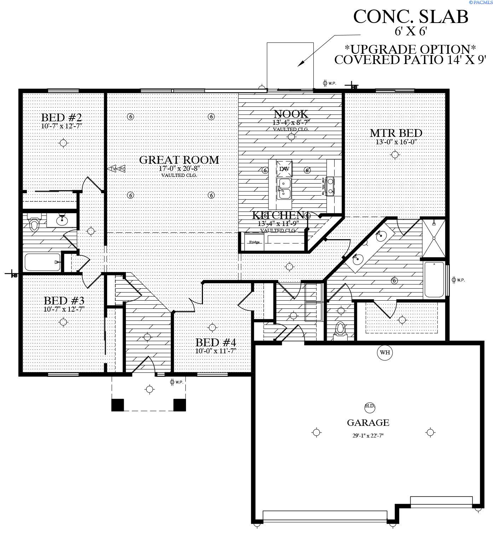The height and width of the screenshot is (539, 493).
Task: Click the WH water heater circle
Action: pyautogui.click(x=385, y=352)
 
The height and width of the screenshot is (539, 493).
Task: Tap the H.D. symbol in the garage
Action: pyautogui.click(x=370, y=406)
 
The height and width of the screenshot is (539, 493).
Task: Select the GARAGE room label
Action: pyautogui.click(x=368, y=423)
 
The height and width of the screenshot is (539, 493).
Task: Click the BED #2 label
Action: pyautogui.click(x=62, y=117)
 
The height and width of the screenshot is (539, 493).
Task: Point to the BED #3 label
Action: pyautogui.click(x=64, y=301)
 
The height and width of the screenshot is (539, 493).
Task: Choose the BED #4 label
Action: pyautogui.click(x=215, y=342)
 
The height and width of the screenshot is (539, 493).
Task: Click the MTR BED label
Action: pyautogui.click(x=396, y=133)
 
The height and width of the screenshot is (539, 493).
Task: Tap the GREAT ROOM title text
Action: pyautogui.click(x=179, y=160)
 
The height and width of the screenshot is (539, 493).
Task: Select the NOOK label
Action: pyautogui.click(x=291, y=114)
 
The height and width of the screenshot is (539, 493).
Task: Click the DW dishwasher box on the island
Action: pyautogui.click(x=284, y=169)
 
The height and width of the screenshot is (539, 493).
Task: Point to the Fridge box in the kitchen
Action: pyautogui.click(x=254, y=242)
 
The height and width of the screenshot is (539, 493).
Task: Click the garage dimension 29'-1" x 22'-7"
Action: pyautogui.click(x=368, y=436)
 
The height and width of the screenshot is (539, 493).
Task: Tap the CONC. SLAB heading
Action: pyautogui.click(x=411, y=17)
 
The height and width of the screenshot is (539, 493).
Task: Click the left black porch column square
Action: pyautogui.click(x=118, y=405)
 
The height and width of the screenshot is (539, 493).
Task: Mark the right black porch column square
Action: pyautogui.click(x=179, y=405)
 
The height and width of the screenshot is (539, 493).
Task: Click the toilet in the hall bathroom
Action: pyautogui.click(x=34, y=224)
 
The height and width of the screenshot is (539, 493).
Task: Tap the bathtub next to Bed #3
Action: pyautogui.click(x=42, y=262)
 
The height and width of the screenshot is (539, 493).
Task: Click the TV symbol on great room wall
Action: pyautogui.click(x=112, y=169)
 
